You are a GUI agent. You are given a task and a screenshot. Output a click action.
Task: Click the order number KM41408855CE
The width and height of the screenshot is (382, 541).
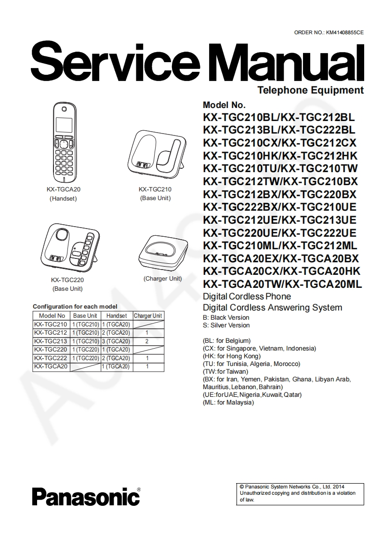pos(344,32)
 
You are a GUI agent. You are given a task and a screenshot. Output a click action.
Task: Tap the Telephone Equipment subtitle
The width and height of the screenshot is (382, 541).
pos(310,90)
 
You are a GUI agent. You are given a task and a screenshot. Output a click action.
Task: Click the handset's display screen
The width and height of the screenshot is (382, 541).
pos(65,123)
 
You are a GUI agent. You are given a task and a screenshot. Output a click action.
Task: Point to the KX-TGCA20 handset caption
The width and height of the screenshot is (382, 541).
pos(63,189)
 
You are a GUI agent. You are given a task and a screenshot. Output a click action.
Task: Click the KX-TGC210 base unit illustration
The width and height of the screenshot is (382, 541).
pos(155,153)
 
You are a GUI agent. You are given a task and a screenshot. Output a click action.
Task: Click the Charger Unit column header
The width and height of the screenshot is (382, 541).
pos(148,316)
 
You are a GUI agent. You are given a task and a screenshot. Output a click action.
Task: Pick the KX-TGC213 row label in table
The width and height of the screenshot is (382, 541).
pos(51,341)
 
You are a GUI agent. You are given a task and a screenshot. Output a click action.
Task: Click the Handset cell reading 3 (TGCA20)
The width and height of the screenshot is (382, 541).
pos(116,341)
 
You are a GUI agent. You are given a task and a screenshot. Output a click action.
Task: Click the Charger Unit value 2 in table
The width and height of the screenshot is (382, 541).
pos(147,341)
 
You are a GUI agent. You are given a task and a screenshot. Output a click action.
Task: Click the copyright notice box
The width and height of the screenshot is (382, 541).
pos(301,493)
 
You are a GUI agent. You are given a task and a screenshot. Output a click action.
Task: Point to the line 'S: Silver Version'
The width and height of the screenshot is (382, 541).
pos(226,325)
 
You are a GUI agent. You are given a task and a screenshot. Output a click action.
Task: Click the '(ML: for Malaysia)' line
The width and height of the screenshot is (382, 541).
pos(228,402)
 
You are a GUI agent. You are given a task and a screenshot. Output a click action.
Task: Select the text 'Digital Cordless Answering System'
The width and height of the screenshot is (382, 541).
pos(273,308)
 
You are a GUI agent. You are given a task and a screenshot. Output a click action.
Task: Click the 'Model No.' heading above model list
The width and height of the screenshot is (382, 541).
pos(224,105)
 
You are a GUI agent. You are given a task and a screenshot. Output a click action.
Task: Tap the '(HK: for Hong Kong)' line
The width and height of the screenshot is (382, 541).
pos(232,356)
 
